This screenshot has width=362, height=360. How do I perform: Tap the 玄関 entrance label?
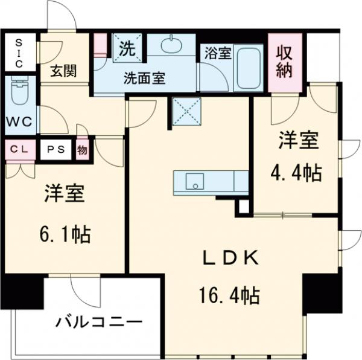coord(62,71)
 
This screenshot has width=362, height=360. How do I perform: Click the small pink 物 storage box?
coord(82,150)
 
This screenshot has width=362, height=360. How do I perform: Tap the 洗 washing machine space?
coord(128,46)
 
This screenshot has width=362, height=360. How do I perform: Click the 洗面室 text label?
coord(145,77)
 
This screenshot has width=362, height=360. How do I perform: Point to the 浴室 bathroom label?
coord(217,53)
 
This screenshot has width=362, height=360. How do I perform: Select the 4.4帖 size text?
coord(296,173)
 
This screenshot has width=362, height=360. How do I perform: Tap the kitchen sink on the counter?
coord(194,181)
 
